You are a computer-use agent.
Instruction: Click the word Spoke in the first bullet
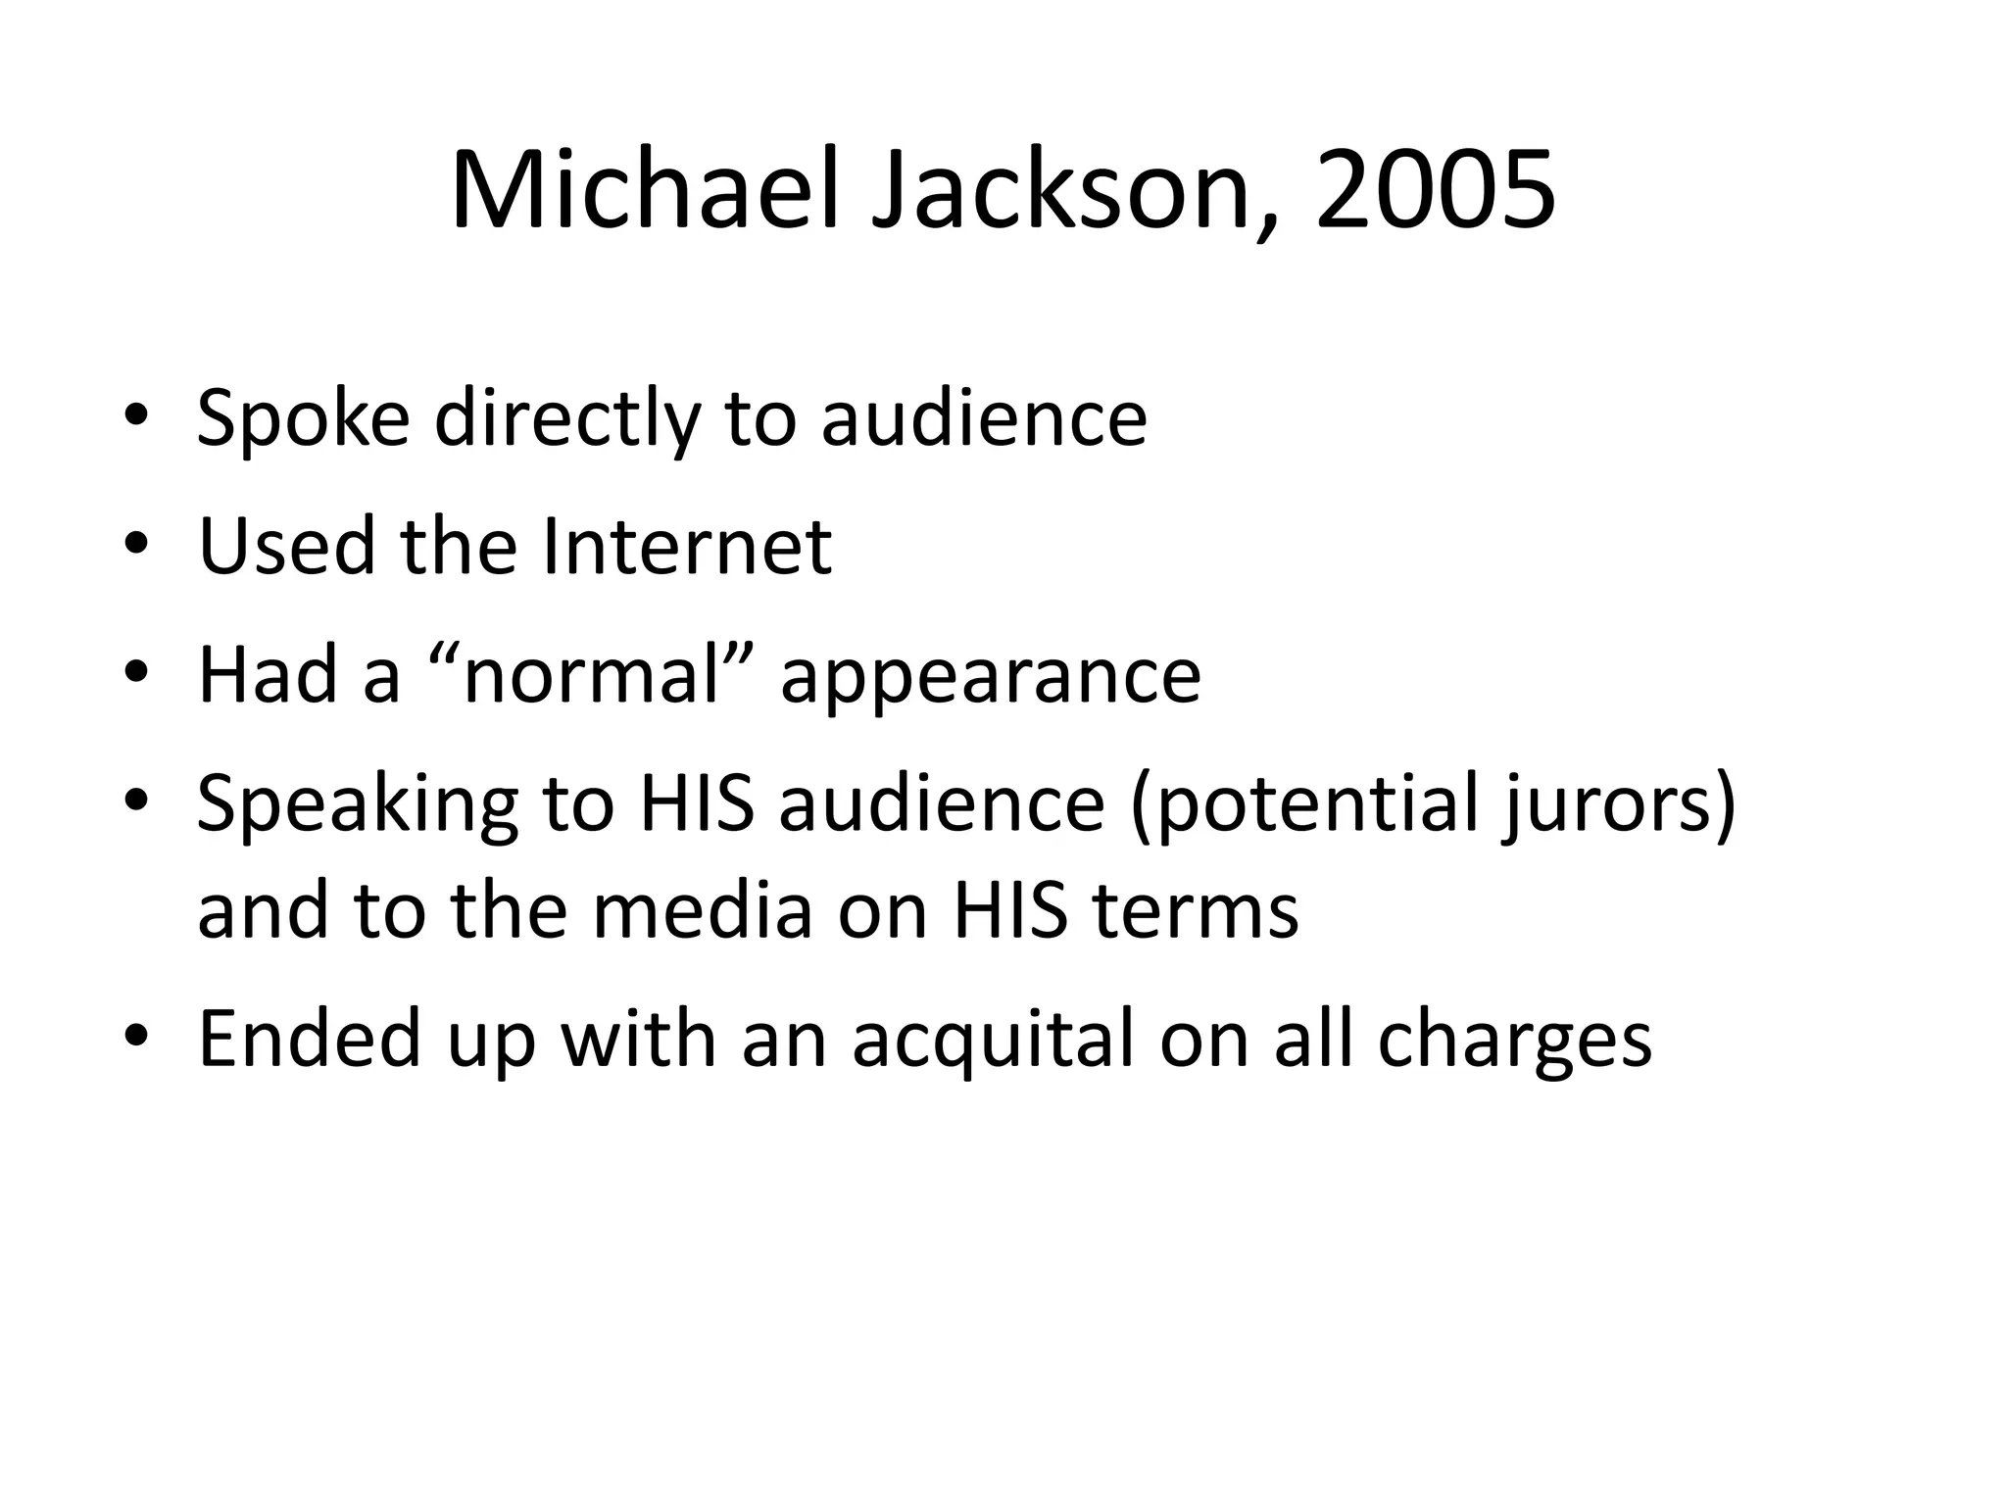(303, 418)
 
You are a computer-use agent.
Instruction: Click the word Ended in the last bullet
(310, 1038)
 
